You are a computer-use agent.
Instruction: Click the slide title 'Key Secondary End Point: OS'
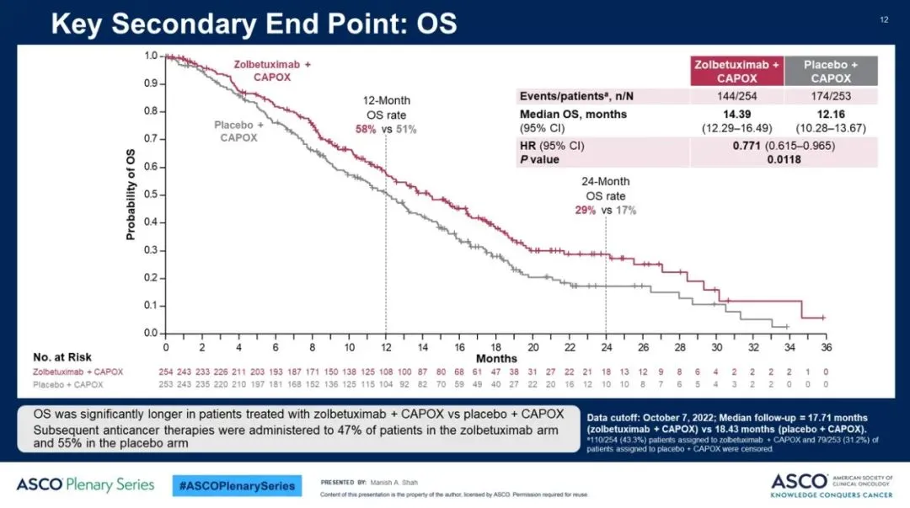point(254,23)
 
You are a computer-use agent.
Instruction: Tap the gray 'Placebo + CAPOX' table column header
point(831,71)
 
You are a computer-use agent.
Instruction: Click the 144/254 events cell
point(736,96)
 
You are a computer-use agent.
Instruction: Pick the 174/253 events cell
point(831,96)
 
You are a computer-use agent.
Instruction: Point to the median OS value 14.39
point(736,114)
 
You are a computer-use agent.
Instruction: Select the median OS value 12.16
point(831,114)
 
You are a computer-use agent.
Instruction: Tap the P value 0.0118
point(784,159)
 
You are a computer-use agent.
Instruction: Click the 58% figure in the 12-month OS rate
point(366,129)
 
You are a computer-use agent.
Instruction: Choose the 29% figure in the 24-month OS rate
point(586,210)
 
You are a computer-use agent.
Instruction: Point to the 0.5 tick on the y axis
point(152,195)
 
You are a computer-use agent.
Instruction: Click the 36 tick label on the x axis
point(827,348)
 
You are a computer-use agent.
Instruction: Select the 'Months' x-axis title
point(502,359)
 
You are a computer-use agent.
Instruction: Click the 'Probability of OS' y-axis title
point(131,195)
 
